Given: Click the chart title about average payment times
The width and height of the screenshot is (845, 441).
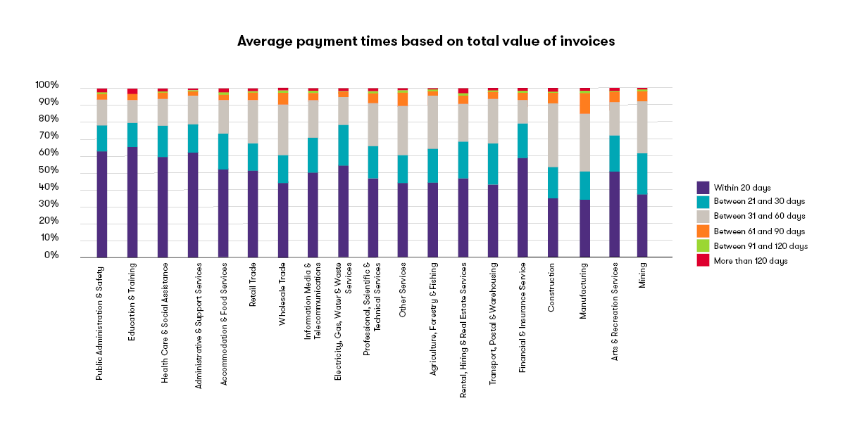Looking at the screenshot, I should pyautogui.click(x=426, y=41).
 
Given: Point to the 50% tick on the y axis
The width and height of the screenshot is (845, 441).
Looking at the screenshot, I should pyautogui.click(x=48, y=171).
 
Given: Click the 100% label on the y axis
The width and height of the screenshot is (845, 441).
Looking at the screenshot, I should pyautogui.click(x=46, y=86).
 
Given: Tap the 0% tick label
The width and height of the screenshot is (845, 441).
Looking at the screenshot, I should pyautogui.click(x=50, y=256).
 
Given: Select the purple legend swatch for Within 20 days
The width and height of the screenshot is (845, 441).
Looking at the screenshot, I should pyautogui.click(x=702, y=187).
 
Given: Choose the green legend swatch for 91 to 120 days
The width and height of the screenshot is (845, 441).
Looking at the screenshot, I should pyautogui.click(x=702, y=246).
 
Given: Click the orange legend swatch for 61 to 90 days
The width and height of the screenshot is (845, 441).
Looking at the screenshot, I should pyautogui.click(x=702, y=231).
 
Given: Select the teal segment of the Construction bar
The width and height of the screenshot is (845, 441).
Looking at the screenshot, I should pyautogui.click(x=553, y=183).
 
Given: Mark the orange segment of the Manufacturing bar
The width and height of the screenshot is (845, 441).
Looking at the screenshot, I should pyautogui.click(x=584, y=103).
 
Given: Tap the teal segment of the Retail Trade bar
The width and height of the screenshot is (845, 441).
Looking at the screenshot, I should pyautogui.click(x=252, y=158).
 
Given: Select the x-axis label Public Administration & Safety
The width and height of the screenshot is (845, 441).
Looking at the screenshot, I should pyautogui.click(x=101, y=322).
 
